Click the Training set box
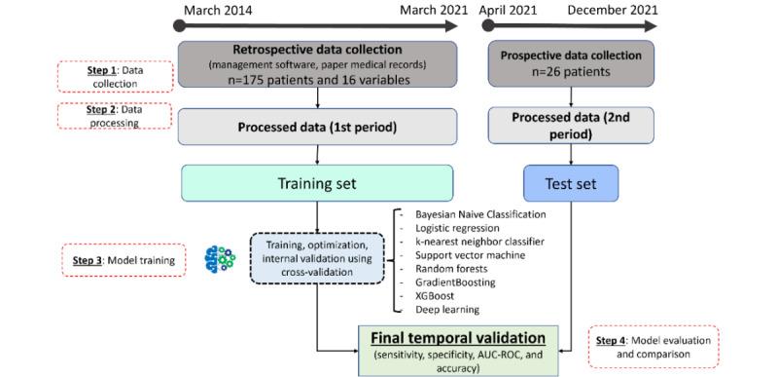tap(317, 182)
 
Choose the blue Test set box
tap(572, 182)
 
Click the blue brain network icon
tap(220, 259)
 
